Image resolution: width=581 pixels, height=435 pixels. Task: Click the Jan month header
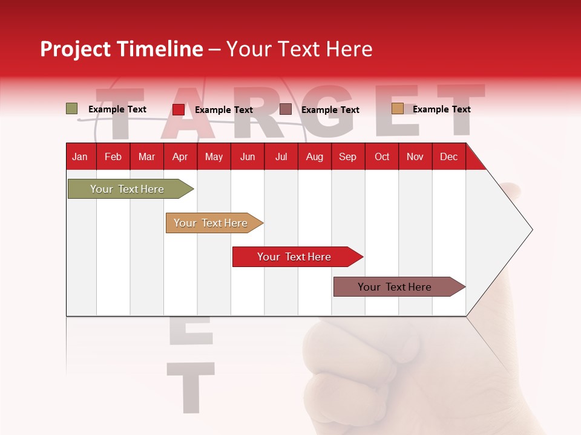(80, 157)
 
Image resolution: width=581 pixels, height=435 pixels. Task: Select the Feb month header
(113, 157)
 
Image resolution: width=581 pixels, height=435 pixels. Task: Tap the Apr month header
(180, 157)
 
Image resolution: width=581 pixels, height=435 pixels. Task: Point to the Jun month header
(248, 157)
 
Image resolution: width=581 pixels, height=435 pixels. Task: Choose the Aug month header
(314, 157)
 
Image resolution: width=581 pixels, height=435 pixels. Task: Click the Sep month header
(347, 157)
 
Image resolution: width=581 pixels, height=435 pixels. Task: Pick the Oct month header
(382, 157)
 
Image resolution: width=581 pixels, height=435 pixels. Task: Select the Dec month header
(448, 157)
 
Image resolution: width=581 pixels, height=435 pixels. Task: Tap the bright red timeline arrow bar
(295, 257)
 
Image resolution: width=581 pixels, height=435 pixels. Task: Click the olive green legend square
(71, 109)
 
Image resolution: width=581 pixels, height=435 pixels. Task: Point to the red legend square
(178, 109)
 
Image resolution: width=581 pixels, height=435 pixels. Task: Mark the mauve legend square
(285, 109)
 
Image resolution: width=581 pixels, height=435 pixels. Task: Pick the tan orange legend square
(397, 109)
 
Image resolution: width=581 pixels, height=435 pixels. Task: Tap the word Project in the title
(75, 49)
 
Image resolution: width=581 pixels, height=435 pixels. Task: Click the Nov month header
(415, 157)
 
